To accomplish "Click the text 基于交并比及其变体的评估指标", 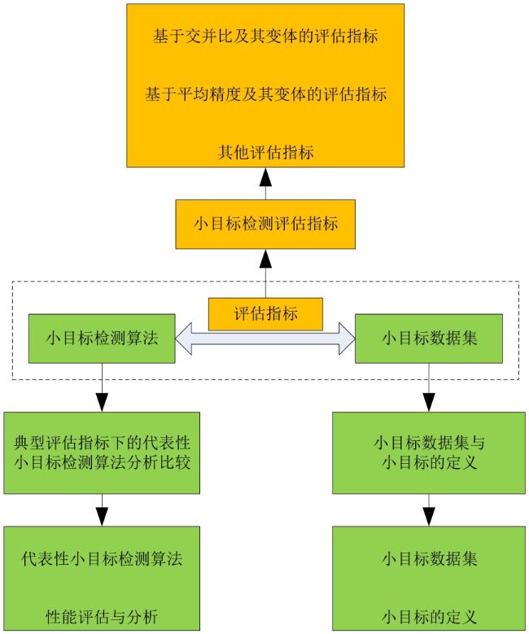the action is point(265,36).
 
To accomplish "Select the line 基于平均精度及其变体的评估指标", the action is point(265,94).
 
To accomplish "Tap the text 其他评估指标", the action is point(265,152).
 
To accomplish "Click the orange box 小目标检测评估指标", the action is point(265,224).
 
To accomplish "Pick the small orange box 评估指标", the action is point(265,314).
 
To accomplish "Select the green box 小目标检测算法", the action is point(102,339).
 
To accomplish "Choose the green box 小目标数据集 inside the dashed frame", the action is point(429,339).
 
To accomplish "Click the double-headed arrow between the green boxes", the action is point(265,339).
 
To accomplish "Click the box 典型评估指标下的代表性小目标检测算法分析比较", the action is point(102,453).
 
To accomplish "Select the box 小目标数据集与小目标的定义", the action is point(429,453).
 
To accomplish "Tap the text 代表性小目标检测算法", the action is point(102,559).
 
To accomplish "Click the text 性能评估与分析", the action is point(102,617).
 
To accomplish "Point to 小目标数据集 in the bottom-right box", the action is point(429,559).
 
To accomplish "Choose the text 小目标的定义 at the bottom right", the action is point(429,617).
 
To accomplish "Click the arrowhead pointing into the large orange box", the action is point(265,177).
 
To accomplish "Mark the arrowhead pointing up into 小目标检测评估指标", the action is point(265,258).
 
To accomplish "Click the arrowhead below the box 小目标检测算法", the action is point(102,402).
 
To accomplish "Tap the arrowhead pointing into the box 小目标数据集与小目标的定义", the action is point(429,402).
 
